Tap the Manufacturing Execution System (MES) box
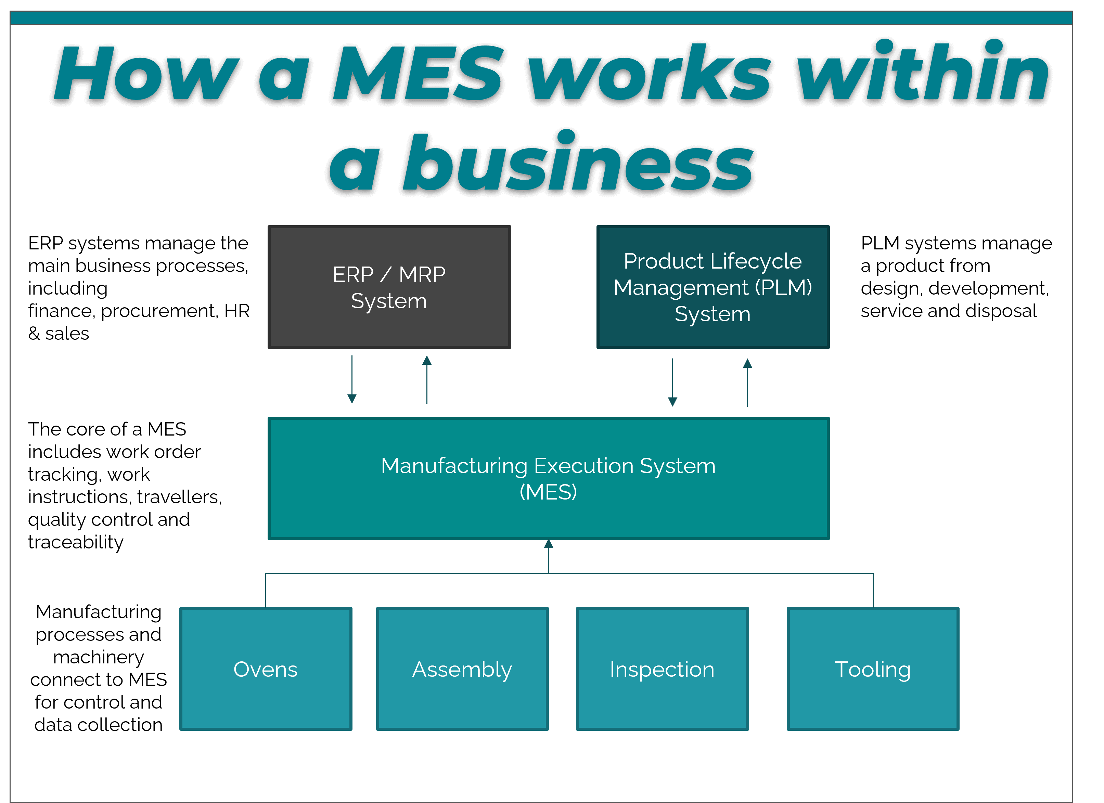tap(549, 478)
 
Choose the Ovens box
tap(266, 669)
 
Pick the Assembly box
tap(462, 669)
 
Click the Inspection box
tap(663, 669)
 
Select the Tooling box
tap(873, 669)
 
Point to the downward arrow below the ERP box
tap(352, 379)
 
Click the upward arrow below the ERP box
tap(427, 379)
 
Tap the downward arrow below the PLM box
tap(673, 383)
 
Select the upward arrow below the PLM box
tap(748, 383)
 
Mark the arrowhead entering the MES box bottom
tap(549, 544)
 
